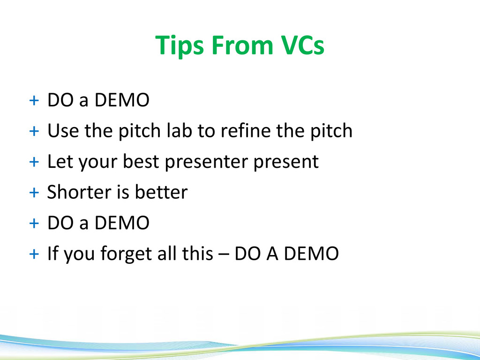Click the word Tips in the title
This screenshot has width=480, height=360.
click(x=179, y=45)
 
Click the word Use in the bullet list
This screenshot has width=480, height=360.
click(x=63, y=130)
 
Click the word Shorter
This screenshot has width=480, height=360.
click(x=79, y=192)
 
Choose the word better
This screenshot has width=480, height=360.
click(x=161, y=192)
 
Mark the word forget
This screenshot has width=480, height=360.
click(x=126, y=254)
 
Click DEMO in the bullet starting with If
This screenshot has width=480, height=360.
click(x=311, y=253)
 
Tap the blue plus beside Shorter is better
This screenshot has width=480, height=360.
click(x=34, y=193)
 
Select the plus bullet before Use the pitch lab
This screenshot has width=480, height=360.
click(x=34, y=131)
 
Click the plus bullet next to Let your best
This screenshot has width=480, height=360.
click(x=34, y=162)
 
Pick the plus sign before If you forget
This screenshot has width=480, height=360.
click(x=34, y=254)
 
